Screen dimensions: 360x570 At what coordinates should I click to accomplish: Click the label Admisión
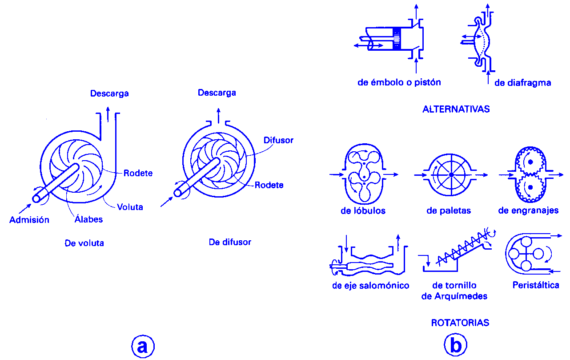[x=29, y=220]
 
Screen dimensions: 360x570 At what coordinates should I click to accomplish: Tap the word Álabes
[x=88, y=219]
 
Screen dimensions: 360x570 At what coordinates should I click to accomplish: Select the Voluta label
[x=130, y=207]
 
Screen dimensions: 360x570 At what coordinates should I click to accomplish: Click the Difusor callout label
[x=278, y=140]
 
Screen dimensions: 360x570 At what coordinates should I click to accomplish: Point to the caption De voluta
[x=84, y=243]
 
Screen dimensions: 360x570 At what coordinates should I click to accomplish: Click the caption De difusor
[x=230, y=243]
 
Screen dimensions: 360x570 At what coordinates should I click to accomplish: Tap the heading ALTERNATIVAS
[x=456, y=109]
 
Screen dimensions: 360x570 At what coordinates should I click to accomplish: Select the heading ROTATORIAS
[x=460, y=323]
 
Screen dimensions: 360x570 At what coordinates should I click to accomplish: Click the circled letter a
[x=143, y=346]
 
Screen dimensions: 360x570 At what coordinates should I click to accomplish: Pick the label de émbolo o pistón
[x=399, y=82]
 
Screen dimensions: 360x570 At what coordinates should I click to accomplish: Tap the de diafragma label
[x=522, y=83]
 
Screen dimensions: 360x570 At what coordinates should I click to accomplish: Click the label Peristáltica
[x=535, y=285]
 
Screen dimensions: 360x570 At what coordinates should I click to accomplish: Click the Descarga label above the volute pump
[x=109, y=93]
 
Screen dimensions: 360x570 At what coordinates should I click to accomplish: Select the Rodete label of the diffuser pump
[x=269, y=185]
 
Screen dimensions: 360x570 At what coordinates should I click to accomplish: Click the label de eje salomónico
[x=370, y=285]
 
